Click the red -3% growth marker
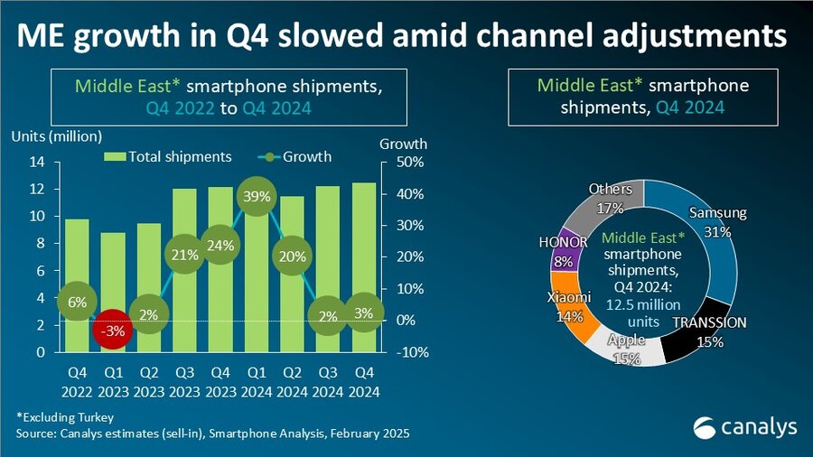pyautogui.click(x=113, y=330)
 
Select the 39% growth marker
pyautogui.click(x=257, y=196)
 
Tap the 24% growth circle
pyautogui.click(x=221, y=245)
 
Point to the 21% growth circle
pyautogui.click(x=184, y=255)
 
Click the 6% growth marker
pyautogui.click(x=78, y=302)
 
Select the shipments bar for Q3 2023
pyautogui.click(x=184, y=270)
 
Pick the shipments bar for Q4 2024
pyautogui.click(x=364, y=267)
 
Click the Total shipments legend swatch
pyautogui.click(x=115, y=156)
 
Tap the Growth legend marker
pyautogui.click(x=269, y=156)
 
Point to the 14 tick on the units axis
pyautogui.click(x=37, y=163)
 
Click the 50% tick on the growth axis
pyautogui.click(x=410, y=163)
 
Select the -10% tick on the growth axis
pyautogui.click(x=413, y=352)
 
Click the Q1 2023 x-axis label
pyautogui.click(x=113, y=382)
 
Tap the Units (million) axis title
pyautogui.click(x=57, y=136)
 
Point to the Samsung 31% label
pyautogui.click(x=717, y=222)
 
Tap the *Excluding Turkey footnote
pyautogui.click(x=65, y=417)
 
